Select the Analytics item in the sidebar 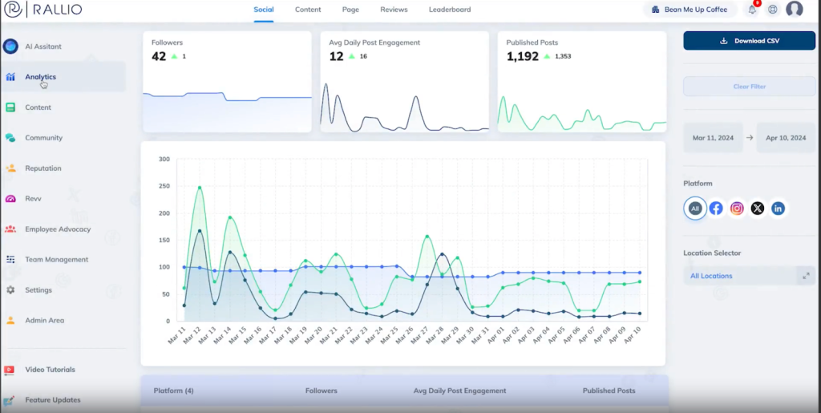pos(40,77)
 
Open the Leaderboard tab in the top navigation pos(450,10)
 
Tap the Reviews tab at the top pos(394,10)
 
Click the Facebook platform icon pos(716,209)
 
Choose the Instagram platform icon pos(737,209)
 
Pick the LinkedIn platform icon pos(778,209)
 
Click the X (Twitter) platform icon pos(758,209)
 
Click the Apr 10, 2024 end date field pos(786,138)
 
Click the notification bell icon pos(752,10)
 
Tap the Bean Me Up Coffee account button pos(690,10)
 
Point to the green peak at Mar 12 pos(200,188)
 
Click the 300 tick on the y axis pos(164,159)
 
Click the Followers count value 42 pos(159,56)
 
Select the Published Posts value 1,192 pos(523,56)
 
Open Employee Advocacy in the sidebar pos(58,229)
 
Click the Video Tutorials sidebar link pos(50,370)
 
